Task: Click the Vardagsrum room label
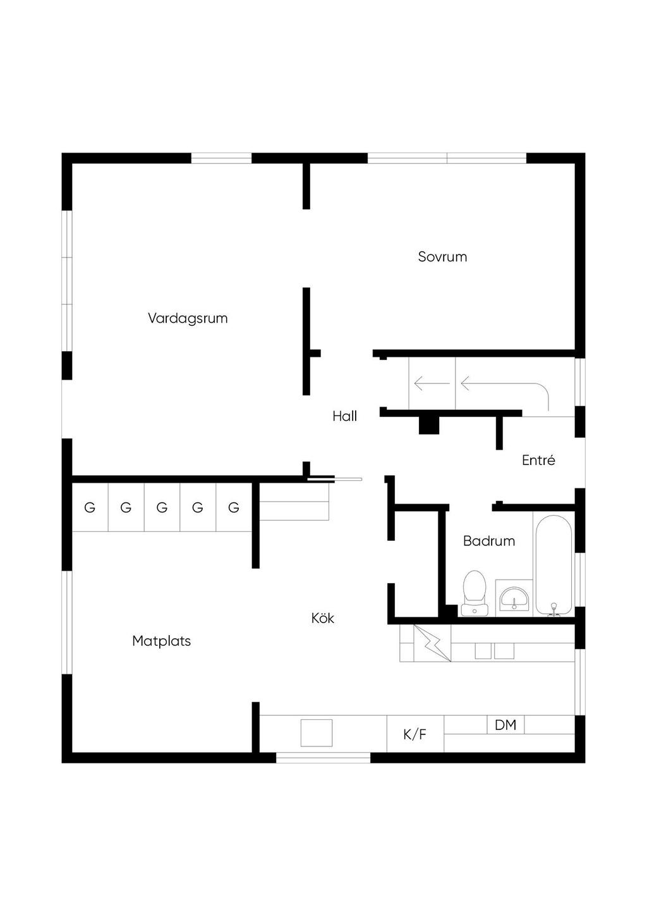coord(188,319)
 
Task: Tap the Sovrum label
coord(442,257)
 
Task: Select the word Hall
coord(345,416)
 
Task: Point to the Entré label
coord(538,460)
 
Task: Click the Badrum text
coord(489,541)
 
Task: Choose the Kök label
coord(323,618)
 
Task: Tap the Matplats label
coord(161,641)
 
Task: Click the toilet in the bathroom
coord(475,593)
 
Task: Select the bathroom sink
coord(514,598)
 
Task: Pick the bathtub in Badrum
coord(553,565)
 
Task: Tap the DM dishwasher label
coord(505,725)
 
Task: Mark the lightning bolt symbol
coord(432,643)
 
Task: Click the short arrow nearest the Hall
coord(432,383)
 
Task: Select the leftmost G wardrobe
coord(90,507)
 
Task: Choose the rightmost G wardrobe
coord(234,507)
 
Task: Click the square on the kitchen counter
coord(317,733)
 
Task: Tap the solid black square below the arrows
coord(429,426)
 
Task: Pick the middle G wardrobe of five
coord(162,507)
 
